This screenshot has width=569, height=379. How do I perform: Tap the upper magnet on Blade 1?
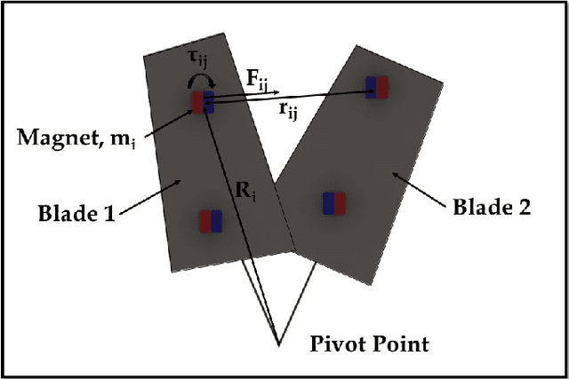pyautogui.click(x=204, y=101)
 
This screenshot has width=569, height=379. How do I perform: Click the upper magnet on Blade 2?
pyautogui.click(x=377, y=87)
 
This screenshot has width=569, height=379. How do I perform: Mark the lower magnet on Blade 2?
pyautogui.click(x=334, y=203)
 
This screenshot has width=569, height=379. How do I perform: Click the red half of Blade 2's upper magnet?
pyautogui.click(x=382, y=87)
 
